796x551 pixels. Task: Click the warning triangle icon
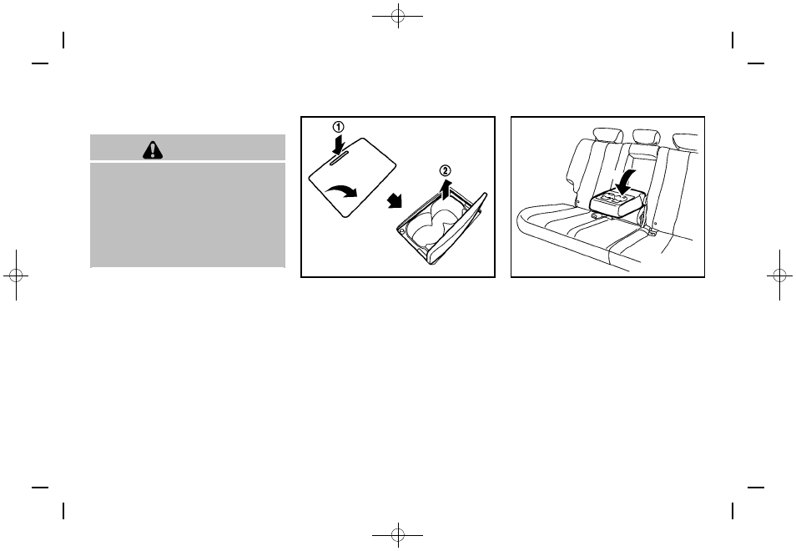pyautogui.click(x=154, y=149)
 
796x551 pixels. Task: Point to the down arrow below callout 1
pyautogui.click(x=337, y=146)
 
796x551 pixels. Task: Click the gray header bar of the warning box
pyautogui.click(x=188, y=149)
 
